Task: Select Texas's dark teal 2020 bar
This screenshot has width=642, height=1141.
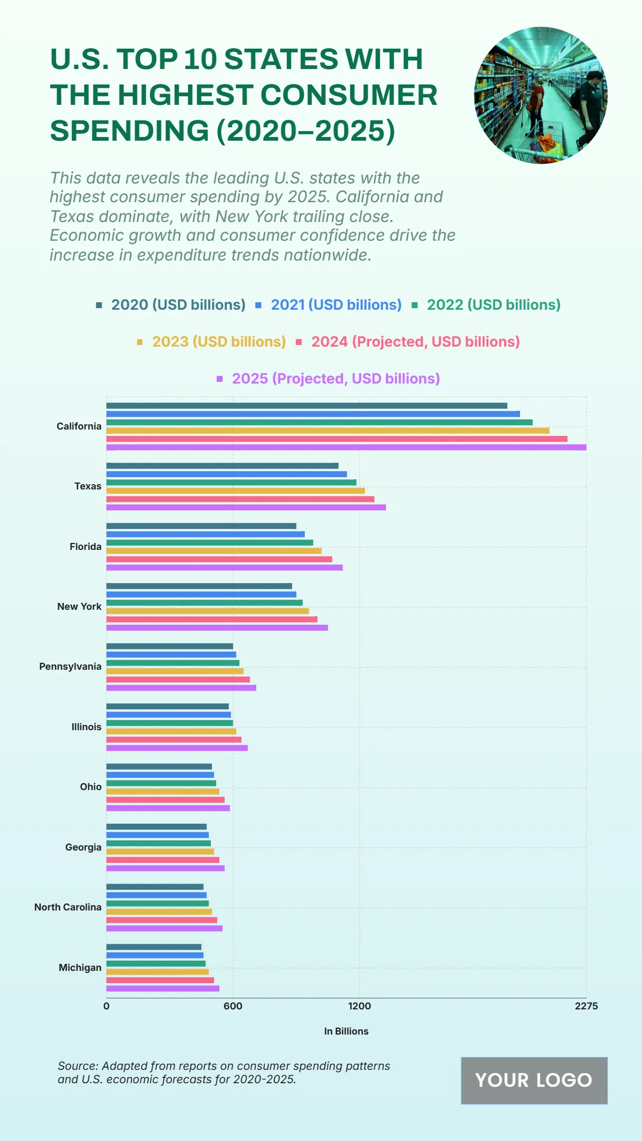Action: click(223, 466)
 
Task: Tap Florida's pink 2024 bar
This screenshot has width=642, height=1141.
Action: click(219, 559)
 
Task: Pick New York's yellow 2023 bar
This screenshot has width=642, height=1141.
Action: click(208, 611)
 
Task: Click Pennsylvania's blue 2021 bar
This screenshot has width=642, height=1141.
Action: click(171, 654)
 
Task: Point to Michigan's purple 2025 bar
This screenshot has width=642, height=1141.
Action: click(163, 989)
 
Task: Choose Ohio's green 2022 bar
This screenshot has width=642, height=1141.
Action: click(161, 783)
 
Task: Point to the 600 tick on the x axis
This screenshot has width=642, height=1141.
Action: click(233, 1006)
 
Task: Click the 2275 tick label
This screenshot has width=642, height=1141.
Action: click(586, 1006)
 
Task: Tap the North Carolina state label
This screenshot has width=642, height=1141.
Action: click(68, 907)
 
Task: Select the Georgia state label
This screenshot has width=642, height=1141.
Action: click(83, 847)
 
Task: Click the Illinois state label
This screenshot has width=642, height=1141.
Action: click(86, 727)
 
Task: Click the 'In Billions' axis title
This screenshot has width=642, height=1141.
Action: click(346, 1031)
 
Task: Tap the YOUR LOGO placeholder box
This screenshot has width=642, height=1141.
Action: click(534, 1081)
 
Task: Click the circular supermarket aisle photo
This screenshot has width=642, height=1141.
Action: click(540, 95)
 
